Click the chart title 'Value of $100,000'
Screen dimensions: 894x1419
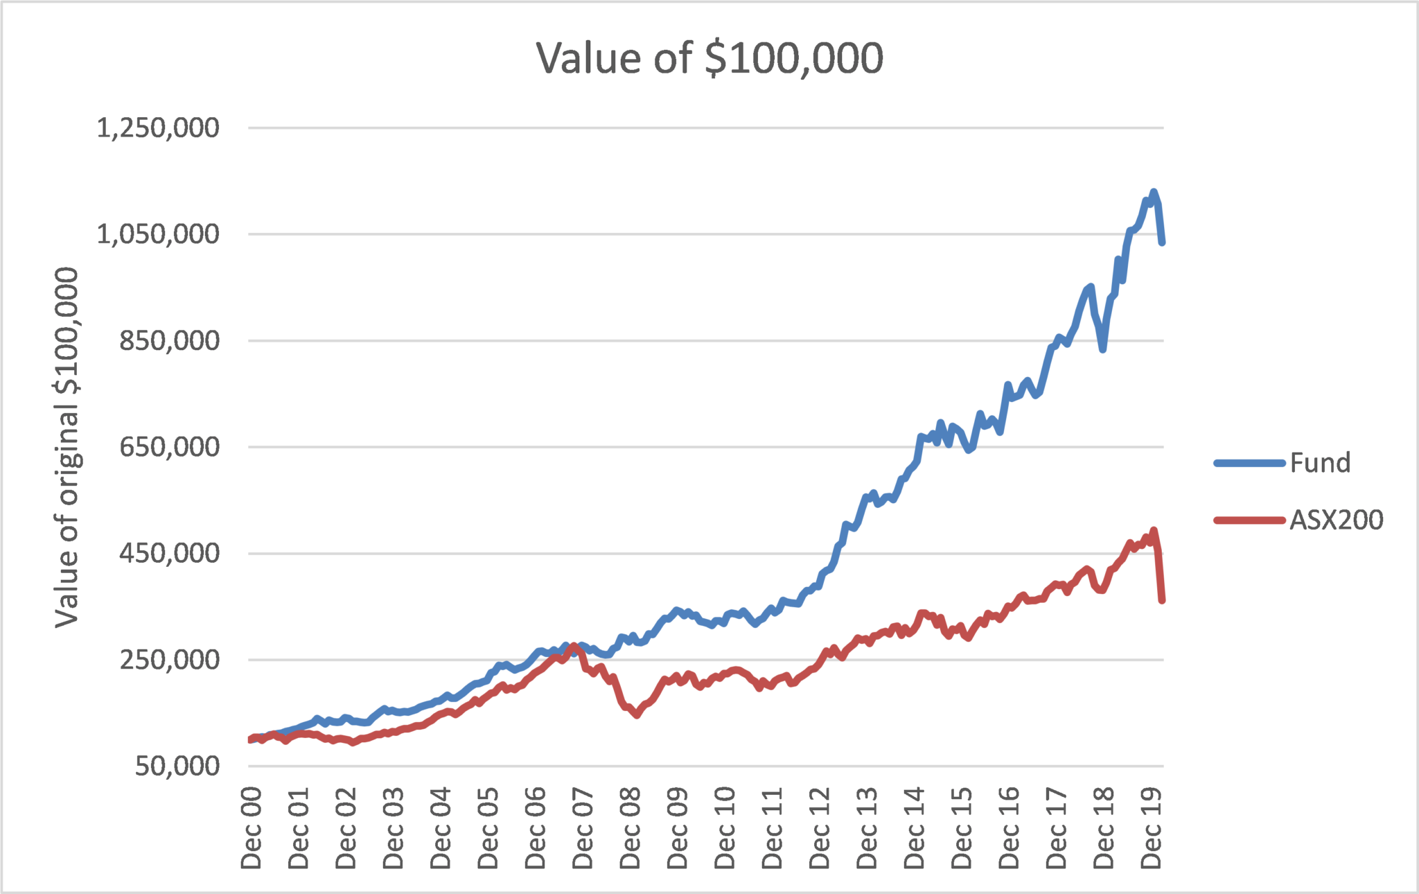[x=709, y=58]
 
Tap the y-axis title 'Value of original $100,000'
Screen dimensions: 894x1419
[x=67, y=447]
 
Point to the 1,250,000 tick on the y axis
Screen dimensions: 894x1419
[x=158, y=128]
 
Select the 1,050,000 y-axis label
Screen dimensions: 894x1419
[x=158, y=234]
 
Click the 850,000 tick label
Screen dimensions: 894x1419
[x=169, y=341]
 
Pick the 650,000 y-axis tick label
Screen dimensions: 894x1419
[x=169, y=447]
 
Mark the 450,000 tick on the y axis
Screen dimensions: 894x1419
[x=169, y=553]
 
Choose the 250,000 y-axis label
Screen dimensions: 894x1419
[x=169, y=660]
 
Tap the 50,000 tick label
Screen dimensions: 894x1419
[x=177, y=766]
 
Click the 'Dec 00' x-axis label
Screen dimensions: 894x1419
[x=252, y=827]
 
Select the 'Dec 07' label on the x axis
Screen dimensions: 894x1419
[x=583, y=827]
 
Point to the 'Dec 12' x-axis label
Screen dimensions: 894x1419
[x=820, y=827]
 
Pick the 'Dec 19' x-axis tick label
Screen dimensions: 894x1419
[x=1152, y=827]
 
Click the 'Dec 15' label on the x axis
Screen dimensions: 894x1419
[x=962, y=827]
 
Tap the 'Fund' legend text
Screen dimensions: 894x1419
[x=1320, y=463]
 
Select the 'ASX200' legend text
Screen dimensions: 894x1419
[x=1336, y=520]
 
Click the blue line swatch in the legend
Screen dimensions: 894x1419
[x=1249, y=463]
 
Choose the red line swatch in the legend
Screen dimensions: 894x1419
[x=1249, y=520]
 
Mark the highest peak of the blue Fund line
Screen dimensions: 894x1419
[x=1154, y=192]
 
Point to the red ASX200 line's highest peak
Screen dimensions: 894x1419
[x=1154, y=531]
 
